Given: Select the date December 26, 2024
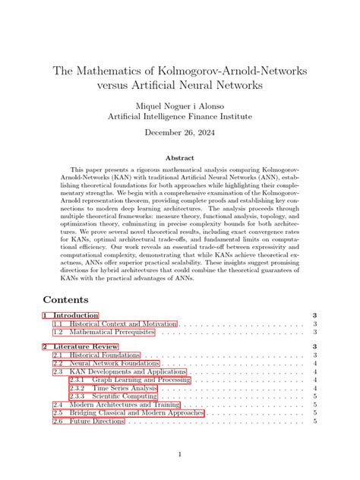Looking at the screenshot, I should (x=179, y=132).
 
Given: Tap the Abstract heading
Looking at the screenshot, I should (x=179, y=157).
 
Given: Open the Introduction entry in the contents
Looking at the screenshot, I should (x=74, y=315).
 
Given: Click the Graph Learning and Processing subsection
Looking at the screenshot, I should (x=141, y=380).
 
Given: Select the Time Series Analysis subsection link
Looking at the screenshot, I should (x=125, y=388).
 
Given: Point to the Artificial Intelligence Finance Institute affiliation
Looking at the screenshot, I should (x=179, y=116).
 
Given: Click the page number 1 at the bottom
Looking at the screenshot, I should (x=180, y=454).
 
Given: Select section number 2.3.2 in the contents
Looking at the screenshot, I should (x=77, y=388).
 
